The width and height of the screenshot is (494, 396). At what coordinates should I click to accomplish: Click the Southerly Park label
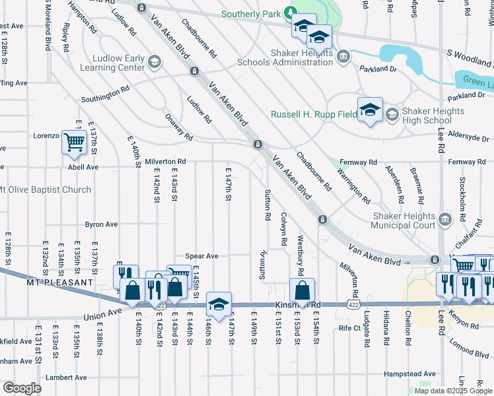coord(250,13)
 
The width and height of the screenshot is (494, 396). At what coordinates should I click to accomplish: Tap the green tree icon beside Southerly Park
coord(289,13)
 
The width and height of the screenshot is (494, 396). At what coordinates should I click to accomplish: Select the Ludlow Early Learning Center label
coord(112,63)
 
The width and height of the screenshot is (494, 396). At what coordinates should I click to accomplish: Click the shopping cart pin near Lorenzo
coord(75,142)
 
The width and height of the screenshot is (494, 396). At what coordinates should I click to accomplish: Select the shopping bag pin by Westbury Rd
coord(302,291)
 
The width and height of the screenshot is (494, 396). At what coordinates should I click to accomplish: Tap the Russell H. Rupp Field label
coord(313,114)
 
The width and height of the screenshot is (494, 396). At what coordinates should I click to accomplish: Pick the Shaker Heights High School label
coord(427,116)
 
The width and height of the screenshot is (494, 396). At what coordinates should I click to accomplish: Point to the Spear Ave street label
coord(201,256)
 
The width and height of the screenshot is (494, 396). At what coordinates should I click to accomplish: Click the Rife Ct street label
coord(350,327)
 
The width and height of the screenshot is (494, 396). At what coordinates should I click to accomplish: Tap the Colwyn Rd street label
coord(283,228)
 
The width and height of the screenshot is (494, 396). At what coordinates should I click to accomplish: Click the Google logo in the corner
coord(22,388)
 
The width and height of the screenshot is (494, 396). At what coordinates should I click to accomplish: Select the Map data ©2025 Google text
coord(453,391)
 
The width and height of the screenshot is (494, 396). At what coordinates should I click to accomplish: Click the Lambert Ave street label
coord(66,378)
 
